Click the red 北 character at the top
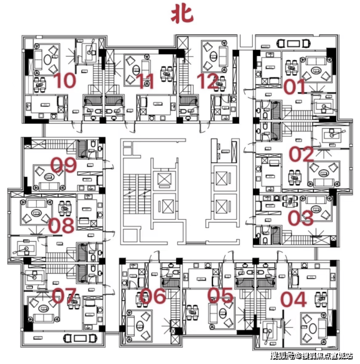point(181,15)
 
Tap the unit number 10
point(65,81)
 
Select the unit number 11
point(144,82)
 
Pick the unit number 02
point(302,155)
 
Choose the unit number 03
point(301,218)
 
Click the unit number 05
point(221,296)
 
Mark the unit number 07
point(64,296)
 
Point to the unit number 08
point(61,226)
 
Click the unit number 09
point(64,166)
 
